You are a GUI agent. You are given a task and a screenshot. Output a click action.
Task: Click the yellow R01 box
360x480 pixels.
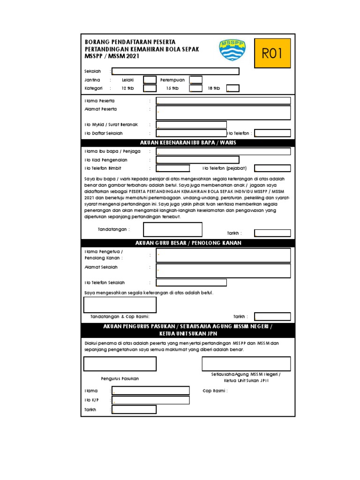(272, 53)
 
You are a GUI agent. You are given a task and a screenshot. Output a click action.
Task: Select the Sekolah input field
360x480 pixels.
(175, 71)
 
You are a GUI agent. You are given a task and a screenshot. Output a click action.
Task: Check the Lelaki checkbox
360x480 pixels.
(150, 80)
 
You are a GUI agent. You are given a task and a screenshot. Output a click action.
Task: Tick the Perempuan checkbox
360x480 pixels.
(196, 80)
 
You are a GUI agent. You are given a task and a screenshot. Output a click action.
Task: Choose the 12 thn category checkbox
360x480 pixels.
(150, 88)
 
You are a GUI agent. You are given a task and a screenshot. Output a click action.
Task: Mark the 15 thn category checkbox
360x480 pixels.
(196, 88)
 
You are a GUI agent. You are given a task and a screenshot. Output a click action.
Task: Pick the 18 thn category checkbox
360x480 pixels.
(233, 88)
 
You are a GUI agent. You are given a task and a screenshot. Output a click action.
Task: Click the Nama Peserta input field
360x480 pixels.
(223, 101)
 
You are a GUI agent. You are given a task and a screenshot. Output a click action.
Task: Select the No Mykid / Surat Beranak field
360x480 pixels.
(191, 125)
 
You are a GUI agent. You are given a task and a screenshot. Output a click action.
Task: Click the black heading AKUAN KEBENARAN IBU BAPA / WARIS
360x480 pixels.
(188, 142)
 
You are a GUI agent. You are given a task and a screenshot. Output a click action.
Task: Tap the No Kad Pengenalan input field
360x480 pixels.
(197, 160)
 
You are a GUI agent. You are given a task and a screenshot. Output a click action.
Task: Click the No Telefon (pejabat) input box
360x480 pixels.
(272, 168)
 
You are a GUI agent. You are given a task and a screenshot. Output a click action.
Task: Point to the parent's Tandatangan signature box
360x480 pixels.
(172, 229)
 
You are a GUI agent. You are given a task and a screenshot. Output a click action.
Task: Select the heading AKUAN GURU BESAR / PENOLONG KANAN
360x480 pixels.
(188, 243)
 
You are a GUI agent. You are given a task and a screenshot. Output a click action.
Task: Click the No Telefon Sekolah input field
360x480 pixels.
(191, 282)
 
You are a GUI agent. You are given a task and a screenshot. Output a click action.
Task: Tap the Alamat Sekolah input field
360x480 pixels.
(223, 270)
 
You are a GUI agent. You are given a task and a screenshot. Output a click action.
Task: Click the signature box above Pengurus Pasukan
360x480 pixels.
(120, 364)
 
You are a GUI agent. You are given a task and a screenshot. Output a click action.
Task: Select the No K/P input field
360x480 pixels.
(150, 400)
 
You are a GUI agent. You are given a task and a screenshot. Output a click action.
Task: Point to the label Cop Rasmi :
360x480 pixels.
(215, 390)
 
